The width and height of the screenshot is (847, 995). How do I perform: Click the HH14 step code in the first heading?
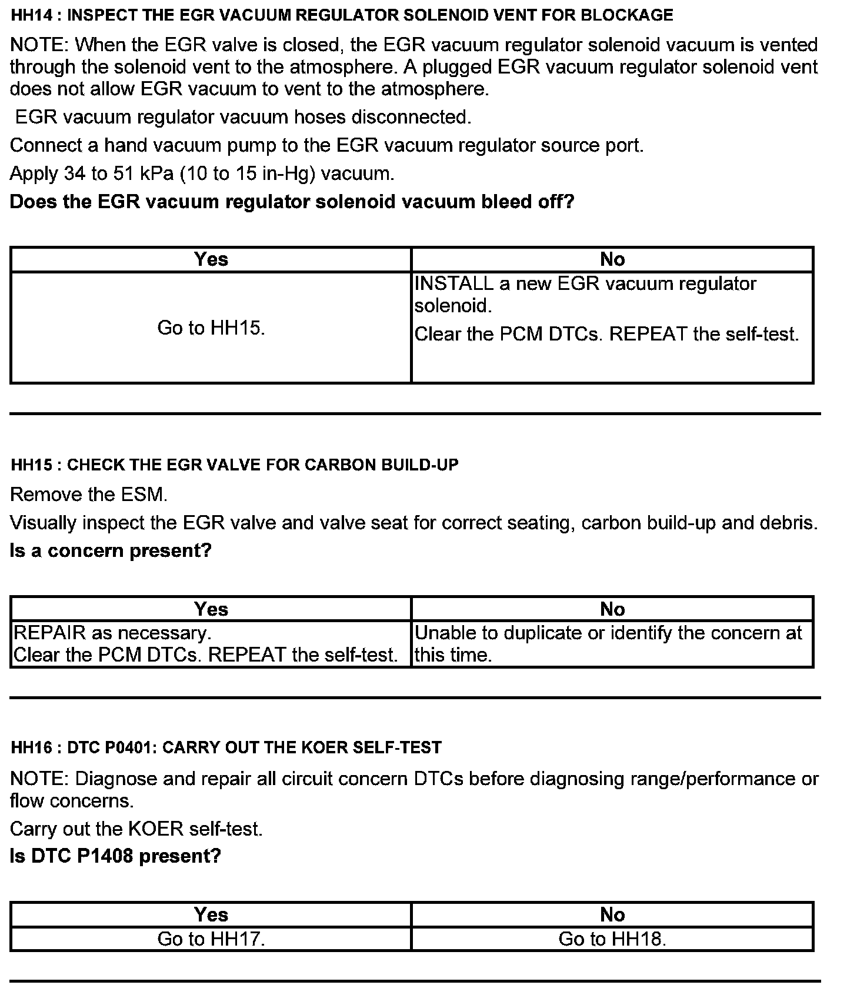tap(32, 15)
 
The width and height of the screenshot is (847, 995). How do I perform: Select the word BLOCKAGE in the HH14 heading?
tap(626, 15)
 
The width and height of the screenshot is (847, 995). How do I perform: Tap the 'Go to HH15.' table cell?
tap(211, 328)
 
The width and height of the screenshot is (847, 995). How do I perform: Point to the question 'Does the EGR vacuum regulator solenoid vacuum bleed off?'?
tap(292, 202)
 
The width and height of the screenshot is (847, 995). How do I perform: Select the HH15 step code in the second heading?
tap(32, 465)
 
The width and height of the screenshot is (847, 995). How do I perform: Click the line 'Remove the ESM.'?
tap(89, 495)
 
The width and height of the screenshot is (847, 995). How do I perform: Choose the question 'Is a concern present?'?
tap(111, 551)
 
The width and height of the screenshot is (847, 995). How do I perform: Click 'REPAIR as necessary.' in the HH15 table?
tap(112, 633)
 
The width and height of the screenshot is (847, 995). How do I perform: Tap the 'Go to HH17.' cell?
tap(211, 939)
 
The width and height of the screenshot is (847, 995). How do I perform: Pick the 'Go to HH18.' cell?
tap(612, 939)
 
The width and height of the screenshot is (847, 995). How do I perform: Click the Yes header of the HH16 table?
tap(211, 914)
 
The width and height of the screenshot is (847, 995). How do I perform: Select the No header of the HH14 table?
tap(612, 259)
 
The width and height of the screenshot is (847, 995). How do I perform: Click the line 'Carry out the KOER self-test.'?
tap(136, 829)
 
